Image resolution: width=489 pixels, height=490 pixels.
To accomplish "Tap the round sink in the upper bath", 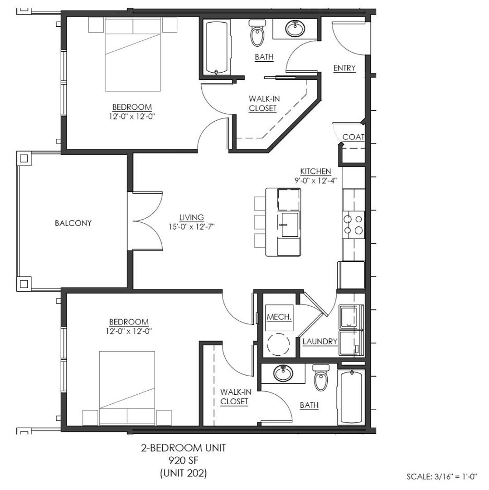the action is coord(295,29).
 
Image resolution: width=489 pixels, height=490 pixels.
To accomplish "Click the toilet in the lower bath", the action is coord(320,378).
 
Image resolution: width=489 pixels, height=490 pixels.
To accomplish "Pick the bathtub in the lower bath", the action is coord(351,397).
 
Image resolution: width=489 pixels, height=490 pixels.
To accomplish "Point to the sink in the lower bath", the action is coord(283,374).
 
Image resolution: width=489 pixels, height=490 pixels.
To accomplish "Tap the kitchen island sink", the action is coord(290,225).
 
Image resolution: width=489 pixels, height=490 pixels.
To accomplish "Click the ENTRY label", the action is coord(344,68).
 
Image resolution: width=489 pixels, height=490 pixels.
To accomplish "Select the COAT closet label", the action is coord(353,137).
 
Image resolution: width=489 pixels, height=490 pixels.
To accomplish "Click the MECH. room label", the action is coord(279,317).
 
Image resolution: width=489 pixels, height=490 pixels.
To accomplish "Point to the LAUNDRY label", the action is coord(320,342).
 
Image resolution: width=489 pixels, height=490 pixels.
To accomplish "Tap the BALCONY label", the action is coord(73,223).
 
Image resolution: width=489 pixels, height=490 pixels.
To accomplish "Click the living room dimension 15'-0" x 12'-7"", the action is coord(192,226).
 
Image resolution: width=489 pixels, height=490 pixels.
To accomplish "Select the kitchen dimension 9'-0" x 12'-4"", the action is coord(316,180).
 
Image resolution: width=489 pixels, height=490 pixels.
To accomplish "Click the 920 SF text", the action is coord(184,461).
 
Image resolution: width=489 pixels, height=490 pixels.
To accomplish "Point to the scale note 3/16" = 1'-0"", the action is coord(442,476).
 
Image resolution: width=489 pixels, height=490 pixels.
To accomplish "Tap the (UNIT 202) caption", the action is coord(184,473).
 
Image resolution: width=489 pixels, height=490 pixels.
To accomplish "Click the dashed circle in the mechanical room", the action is coord(279,344).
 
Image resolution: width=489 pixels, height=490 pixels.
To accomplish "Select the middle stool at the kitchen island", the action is coord(260,222).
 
